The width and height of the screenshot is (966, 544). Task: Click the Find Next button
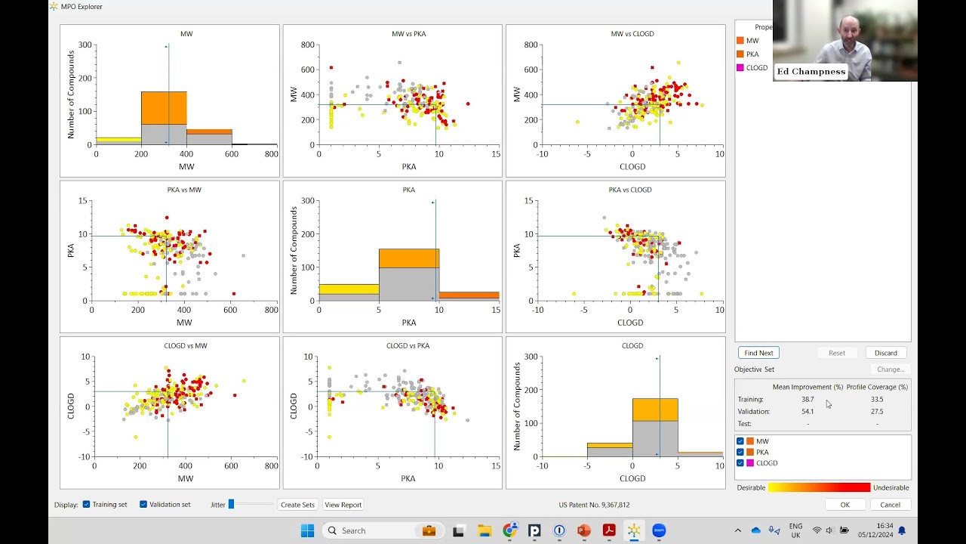[758, 353]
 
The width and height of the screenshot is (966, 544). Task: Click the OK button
[844, 505]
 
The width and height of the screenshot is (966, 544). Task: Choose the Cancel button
[890, 505]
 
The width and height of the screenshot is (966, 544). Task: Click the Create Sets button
[297, 505]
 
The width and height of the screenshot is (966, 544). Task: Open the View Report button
[343, 505]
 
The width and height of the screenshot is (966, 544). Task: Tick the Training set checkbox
[87, 505]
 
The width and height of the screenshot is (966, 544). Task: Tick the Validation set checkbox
[143, 505]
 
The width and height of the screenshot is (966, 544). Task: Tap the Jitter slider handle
[231, 504]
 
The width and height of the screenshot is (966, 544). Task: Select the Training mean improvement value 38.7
[808, 400]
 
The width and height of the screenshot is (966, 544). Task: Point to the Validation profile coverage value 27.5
[876, 412]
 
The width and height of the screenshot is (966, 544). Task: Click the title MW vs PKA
[408, 34]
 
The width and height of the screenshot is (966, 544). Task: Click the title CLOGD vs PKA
[408, 346]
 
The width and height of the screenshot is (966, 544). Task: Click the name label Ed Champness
[811, 72]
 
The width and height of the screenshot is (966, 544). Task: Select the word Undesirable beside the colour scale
[891, 488]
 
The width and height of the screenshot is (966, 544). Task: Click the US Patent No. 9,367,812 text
[594, 505]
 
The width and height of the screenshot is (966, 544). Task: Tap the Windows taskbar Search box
[370, 530]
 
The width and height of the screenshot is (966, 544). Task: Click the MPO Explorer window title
[82, 7]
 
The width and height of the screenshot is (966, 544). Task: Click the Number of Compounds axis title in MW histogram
[71, 94]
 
